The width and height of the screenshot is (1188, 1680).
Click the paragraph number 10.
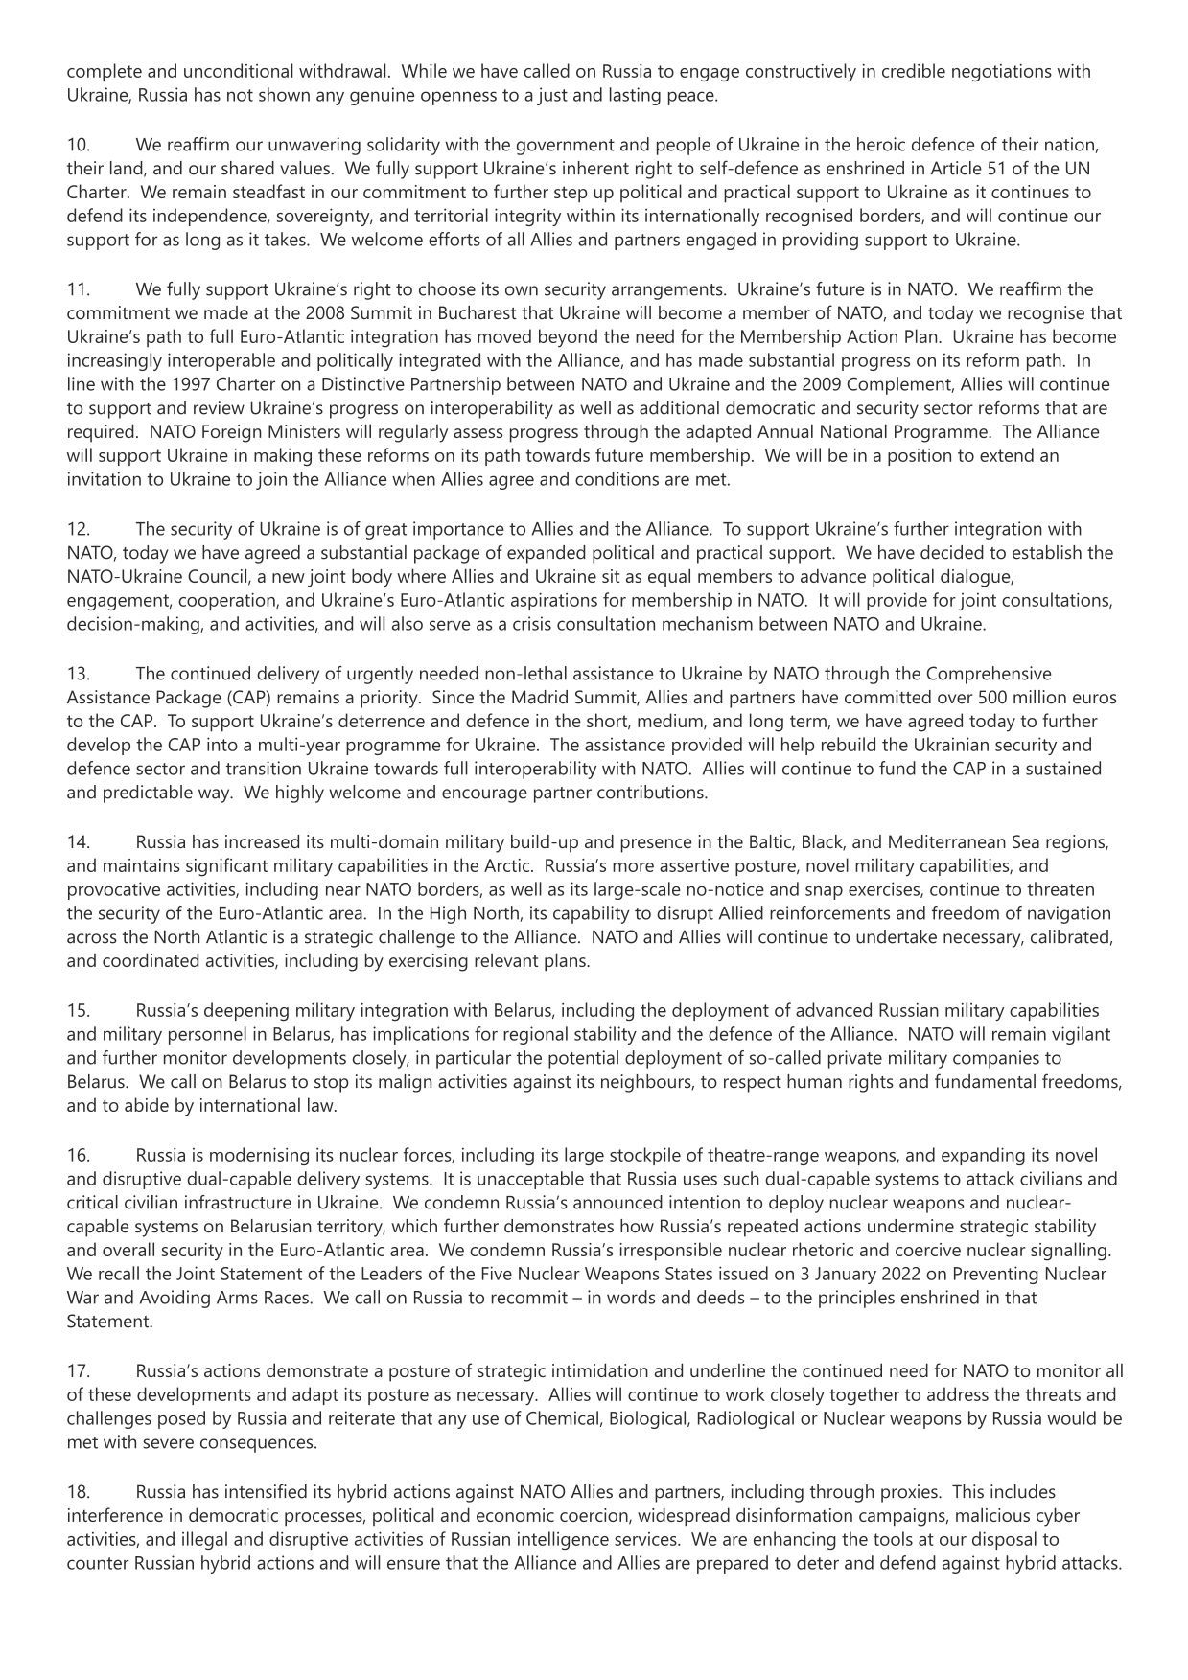pos(78,145)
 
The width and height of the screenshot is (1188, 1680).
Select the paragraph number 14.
pos(78,842)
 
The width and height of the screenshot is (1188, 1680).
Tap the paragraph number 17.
pos(78,1371)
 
